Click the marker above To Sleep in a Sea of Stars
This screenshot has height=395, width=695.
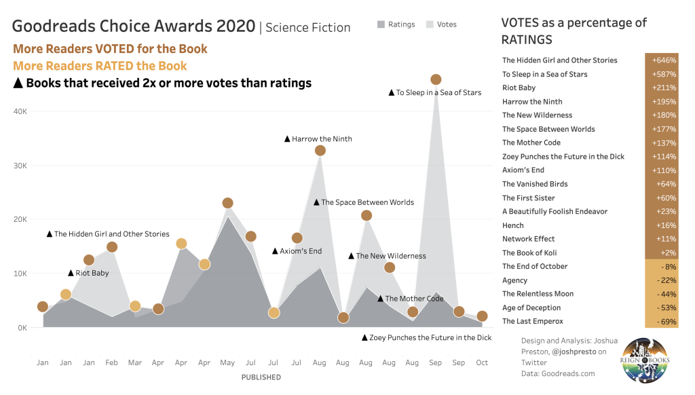click(436, 79)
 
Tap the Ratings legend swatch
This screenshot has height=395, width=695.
click(381, 24)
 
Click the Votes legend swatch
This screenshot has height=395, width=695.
click(430, 24)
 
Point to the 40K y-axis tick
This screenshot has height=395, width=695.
click(20, 111)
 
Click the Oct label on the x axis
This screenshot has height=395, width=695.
click(482, 363)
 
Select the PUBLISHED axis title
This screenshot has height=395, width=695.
click(261, 377)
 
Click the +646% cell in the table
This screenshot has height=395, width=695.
click(662, 60)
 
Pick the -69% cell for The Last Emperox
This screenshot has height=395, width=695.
click(662, 321)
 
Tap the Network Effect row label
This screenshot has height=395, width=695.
click(529, 239)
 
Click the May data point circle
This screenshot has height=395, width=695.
click(228, 203)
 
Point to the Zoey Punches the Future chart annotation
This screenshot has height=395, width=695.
click(426, 337)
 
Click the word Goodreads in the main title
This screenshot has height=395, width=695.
click(54, 27)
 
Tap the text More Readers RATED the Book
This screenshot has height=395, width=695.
click(100, 66)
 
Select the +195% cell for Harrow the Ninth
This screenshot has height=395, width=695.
click(662, 102)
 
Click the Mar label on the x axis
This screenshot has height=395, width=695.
click(135, 363)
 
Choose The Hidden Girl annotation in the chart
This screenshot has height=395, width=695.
click(108, 234)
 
